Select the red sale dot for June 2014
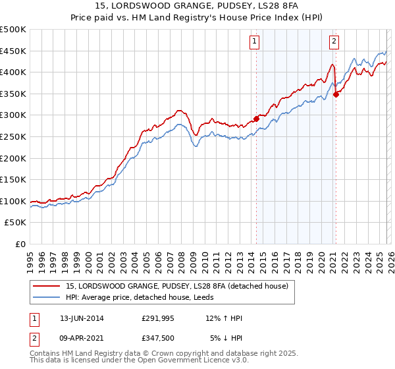tap(256, 119)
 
